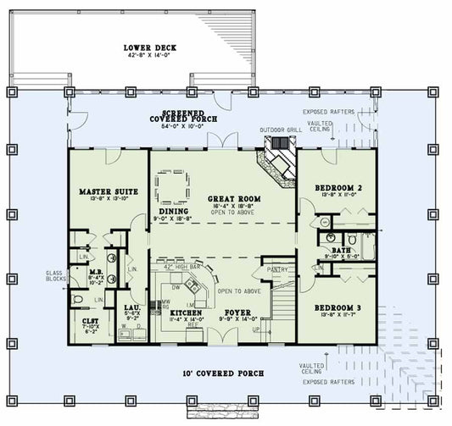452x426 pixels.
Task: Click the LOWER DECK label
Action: click(149, 47)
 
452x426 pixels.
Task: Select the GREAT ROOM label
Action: click(233, 198)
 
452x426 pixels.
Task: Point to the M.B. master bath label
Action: click(97, 273)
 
